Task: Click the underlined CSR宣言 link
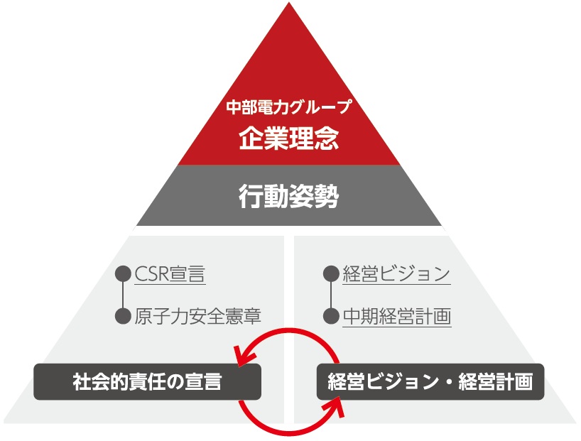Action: (x=170, y=273)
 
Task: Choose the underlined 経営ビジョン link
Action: (x=396, y=273)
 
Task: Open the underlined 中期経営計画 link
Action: (x=396, y=315)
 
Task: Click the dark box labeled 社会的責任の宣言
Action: (x=147, y=382)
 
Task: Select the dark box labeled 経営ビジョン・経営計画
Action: (x=430, y=382)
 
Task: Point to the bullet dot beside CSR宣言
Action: (x=123, y=273)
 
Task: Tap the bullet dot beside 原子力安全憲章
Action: (x=123, y=316)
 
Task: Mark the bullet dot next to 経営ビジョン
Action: (x=330, y=273)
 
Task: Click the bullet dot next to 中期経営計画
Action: (x=330, y=316)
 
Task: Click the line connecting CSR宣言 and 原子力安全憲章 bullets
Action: (x=123, y=295)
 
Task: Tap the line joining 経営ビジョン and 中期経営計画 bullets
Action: (x=330, y=295)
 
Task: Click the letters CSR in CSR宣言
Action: (x=151, y=273)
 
